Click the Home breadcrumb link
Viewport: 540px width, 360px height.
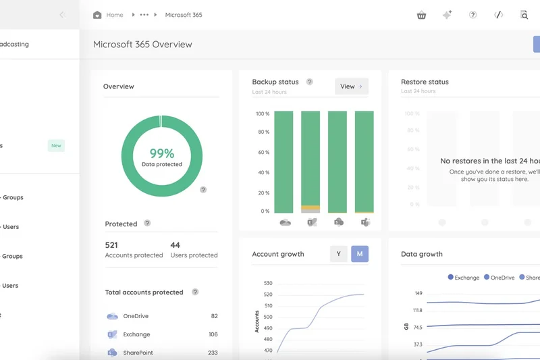tap(114, 15)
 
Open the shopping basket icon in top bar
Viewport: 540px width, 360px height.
tap(422, 15)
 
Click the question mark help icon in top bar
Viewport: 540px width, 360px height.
tap(473, 15)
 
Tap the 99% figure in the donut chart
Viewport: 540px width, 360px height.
tap(162, 153)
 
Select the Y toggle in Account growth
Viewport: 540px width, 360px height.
tap(338, 254)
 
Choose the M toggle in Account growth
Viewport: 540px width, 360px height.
tap(360, 254)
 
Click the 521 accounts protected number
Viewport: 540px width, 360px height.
tap(111, 245)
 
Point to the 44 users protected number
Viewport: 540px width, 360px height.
tap(175, 245)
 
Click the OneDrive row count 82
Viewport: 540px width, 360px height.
tap(214, 316)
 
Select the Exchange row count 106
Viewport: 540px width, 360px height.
tap(213, 334)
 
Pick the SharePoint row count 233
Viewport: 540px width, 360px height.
tap(213, 353)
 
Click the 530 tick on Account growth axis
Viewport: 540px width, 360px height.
tap(268, 284)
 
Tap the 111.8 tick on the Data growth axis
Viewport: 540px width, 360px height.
tap(417, 311)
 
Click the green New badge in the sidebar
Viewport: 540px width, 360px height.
tap(56, 145)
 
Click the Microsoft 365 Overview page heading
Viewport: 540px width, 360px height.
tap(142, 45)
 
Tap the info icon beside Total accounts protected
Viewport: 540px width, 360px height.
tap(195, 292)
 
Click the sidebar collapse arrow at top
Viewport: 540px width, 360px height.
tap(62, 15)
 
